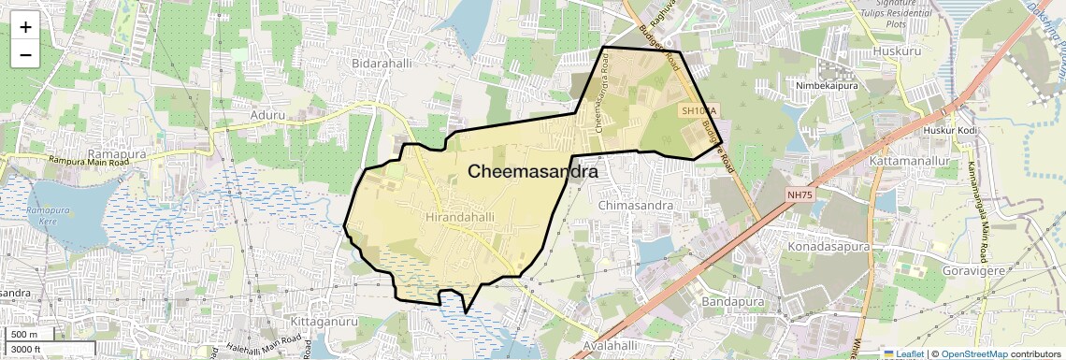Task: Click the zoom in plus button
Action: pos(25,26)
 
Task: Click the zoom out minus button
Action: pos(25,54)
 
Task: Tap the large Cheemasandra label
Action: pos(532,172)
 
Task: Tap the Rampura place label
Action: pos(111,151)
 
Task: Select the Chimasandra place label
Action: pos(635,205)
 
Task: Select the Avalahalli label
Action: pos(602,346)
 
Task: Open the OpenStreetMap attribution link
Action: pos(973,354)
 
